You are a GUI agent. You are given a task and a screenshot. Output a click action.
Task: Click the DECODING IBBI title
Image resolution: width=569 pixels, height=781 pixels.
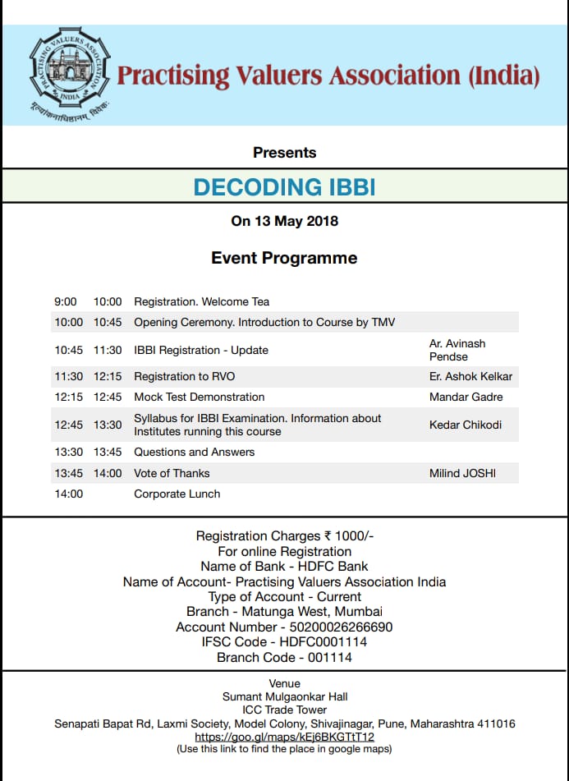tap(284, 187)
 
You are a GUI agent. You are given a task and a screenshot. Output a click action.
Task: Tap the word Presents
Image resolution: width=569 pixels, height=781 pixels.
tap(284, 152)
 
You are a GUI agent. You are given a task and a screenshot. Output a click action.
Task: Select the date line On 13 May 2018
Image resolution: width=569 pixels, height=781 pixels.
tap(284, 221)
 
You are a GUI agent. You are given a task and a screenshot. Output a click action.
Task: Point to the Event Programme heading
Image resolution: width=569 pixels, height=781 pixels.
tap(284, 258)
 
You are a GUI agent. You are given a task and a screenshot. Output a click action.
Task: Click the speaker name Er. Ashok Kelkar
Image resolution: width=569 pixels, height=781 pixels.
tap(471, 377)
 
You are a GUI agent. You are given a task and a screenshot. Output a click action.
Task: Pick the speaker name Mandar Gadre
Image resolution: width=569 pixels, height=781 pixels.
tap(466, 397)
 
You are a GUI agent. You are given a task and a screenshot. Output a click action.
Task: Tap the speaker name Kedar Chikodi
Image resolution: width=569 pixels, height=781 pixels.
tap(466, 425)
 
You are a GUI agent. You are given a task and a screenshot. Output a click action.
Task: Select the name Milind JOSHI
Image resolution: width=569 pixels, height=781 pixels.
tap(462, 473)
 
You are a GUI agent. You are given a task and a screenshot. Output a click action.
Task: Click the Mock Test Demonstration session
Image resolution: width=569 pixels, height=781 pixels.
tap(200, 397)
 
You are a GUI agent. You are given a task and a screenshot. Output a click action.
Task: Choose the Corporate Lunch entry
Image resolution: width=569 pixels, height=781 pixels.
tap(177, 494)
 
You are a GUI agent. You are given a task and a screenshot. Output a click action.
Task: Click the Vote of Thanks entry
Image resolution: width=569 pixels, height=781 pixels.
tap(172, 473)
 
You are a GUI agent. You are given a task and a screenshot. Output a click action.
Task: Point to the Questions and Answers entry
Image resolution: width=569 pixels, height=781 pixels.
tap(194, 452)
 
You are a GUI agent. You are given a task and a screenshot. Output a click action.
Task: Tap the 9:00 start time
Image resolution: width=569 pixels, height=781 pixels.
tap(66, 301)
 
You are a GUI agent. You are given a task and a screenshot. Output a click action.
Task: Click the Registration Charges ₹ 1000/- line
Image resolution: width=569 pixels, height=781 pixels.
tap(284, 536)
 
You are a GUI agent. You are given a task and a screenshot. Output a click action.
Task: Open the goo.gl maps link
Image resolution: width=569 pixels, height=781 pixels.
tap(284, 737)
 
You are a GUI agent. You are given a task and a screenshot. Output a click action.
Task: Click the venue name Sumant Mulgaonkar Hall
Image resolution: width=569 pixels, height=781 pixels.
tap(284, 696)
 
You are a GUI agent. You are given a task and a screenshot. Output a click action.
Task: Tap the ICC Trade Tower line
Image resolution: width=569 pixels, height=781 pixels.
tap(284, 710)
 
